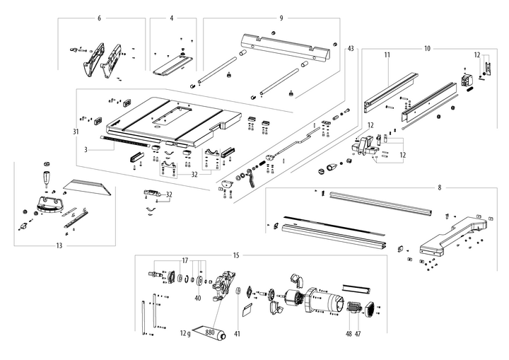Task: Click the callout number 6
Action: (x=99, y=17)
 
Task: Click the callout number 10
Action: (x=427, y=48)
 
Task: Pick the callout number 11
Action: (x=387, y=54)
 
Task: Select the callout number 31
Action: (x=74, y=132)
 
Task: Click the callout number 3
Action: (x=86, y=149)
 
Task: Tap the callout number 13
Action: (x=59, y=246)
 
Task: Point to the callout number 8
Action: (x=439, y=187)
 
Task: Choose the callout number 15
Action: (x=236, y=255)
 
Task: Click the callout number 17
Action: (x=186, y=261)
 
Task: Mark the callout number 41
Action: (x=237, y=333)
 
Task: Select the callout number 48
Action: (x=348, y=333)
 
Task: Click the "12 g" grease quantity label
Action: (x=185, y=332)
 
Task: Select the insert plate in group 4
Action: (x=172, y=64)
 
